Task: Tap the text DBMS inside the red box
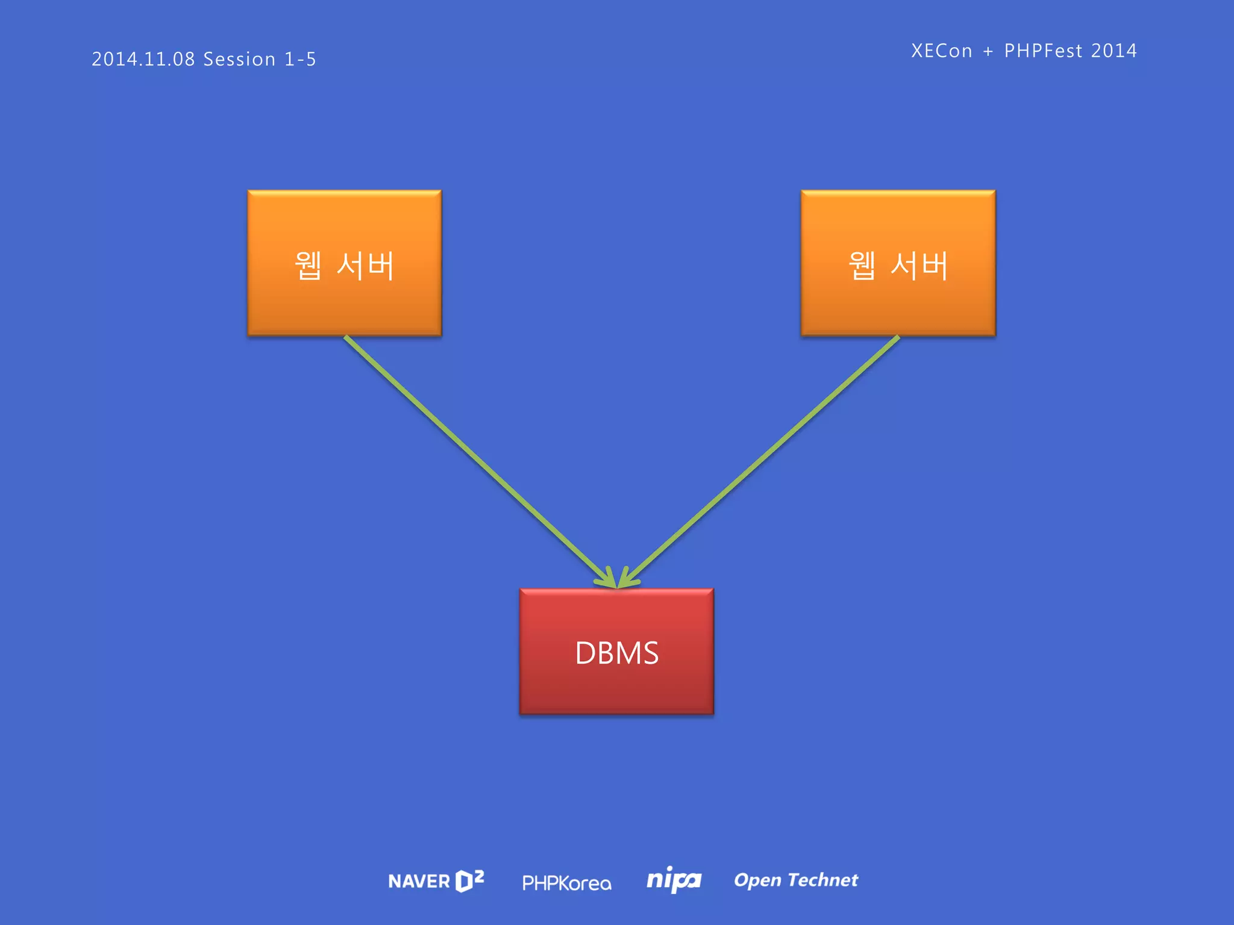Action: click(616, 653)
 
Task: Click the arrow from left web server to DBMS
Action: click(476, 458)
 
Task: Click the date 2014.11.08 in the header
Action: click(143, 59)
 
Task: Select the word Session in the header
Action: click(239, 59)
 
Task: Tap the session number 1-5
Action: click(300, 59)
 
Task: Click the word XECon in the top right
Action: click(941, 51)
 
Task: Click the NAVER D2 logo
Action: click(436, 881)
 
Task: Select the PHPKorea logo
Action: click(566, 883)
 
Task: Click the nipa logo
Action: click(674, 880)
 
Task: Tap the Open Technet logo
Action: click(795, 880)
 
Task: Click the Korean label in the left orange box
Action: click(344, 266)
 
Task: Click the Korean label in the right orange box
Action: click(898, 266)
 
